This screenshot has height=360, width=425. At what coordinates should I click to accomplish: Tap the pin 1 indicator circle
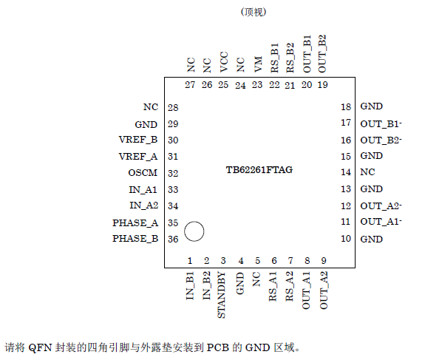tap(194, 231)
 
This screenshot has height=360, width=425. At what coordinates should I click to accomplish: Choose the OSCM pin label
tap(143, 173)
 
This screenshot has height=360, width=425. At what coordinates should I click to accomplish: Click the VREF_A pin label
tap(138, 156)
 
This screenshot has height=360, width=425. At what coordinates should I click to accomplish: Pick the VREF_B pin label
tap(138, 140)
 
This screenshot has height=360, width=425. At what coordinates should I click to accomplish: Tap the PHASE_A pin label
tap(135, 223)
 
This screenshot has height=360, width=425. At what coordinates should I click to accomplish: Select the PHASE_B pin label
tap(135, 239)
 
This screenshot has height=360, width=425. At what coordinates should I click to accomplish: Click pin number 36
tap(173, 239)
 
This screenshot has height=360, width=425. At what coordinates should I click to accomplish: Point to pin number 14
tap(345, 172)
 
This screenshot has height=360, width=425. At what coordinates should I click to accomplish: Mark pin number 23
tap(257, 85)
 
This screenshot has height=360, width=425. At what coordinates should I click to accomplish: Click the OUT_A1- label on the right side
tap(381, 222)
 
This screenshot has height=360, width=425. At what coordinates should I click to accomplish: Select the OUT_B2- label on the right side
tap(381, 140)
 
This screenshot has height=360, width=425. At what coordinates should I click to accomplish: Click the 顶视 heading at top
tap(253, 13)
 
